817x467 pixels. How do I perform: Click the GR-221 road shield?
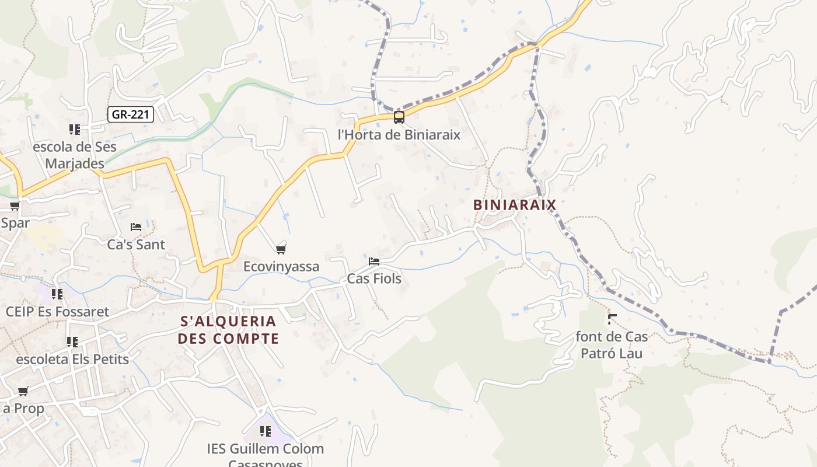click(131, 114)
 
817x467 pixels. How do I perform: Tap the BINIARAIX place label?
click(515, 205)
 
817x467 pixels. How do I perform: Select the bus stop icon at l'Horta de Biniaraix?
click(399, 117)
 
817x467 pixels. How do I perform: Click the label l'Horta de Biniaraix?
click(399, 135)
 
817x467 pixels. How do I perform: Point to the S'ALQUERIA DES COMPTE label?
click(228, 330)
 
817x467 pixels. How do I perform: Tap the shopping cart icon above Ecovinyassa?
click(281, 250)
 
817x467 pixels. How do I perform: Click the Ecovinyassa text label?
click(281, 267)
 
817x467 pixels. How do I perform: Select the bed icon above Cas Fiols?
click(374, 261)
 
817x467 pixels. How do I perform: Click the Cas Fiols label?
click(374, 278)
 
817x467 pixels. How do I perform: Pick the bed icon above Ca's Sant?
click(136, 226)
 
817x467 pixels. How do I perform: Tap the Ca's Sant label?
click(136, 244)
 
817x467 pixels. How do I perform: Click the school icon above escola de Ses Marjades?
click(74, 129)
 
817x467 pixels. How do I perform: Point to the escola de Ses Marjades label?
click(75, 155)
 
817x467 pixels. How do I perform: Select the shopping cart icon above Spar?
click(15, 205)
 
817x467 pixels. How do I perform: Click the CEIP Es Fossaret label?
click(57, 312)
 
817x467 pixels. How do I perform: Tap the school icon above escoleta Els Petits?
click(72, 341)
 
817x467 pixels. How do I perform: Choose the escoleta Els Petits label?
click(72, 359)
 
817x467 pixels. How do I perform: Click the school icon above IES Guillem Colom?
click(266, 431)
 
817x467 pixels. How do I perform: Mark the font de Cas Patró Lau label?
click(612, 345)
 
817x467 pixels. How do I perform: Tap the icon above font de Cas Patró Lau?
click(612, 319)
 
